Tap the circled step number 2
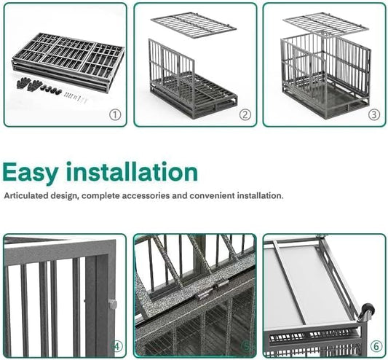245,114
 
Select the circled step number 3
373,114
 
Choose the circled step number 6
375,346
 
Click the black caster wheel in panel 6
368,312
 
